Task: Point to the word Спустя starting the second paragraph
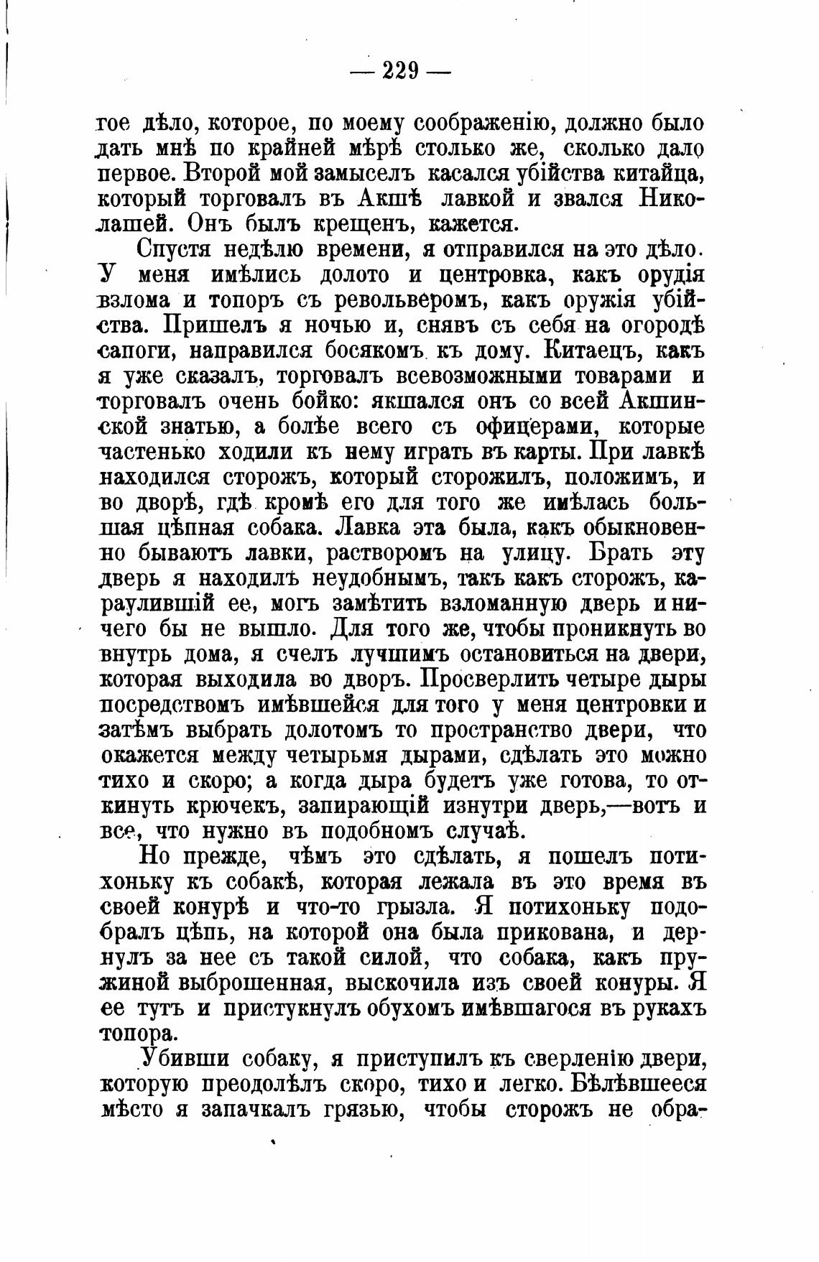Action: click(x=175, y=250)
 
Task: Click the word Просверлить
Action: click(x=493, y=679)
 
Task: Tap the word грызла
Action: click(x=415, y=907)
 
